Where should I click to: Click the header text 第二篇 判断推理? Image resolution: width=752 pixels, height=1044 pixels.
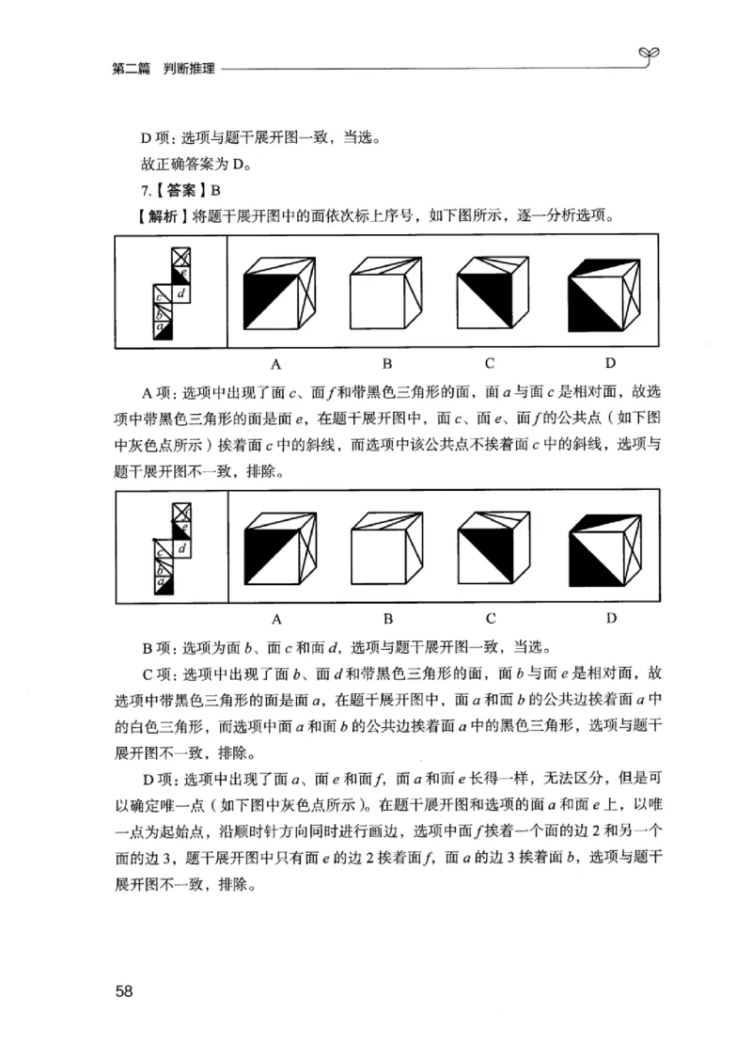pyautogui.click(x=163, y=68)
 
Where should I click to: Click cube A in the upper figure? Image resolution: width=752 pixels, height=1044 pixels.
pyautogui.click(x=278, y=293)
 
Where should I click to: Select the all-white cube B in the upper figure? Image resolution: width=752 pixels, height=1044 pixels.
pyautogui.click(x=386, y=293)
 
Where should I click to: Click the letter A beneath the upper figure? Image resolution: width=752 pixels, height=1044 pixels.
pyautogui.click(x=277, y=362)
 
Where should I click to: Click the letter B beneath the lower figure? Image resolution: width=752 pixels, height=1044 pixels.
pyautogui.click(x=386, y=618)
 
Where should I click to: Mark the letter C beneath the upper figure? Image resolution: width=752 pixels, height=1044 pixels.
pyautogui.click(x=490, y=362)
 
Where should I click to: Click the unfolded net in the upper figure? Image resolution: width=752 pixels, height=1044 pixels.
pyautogui.click(x=172, y=292)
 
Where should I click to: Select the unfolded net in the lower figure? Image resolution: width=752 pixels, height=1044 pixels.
pyautogui.click(x=172, y=547)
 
